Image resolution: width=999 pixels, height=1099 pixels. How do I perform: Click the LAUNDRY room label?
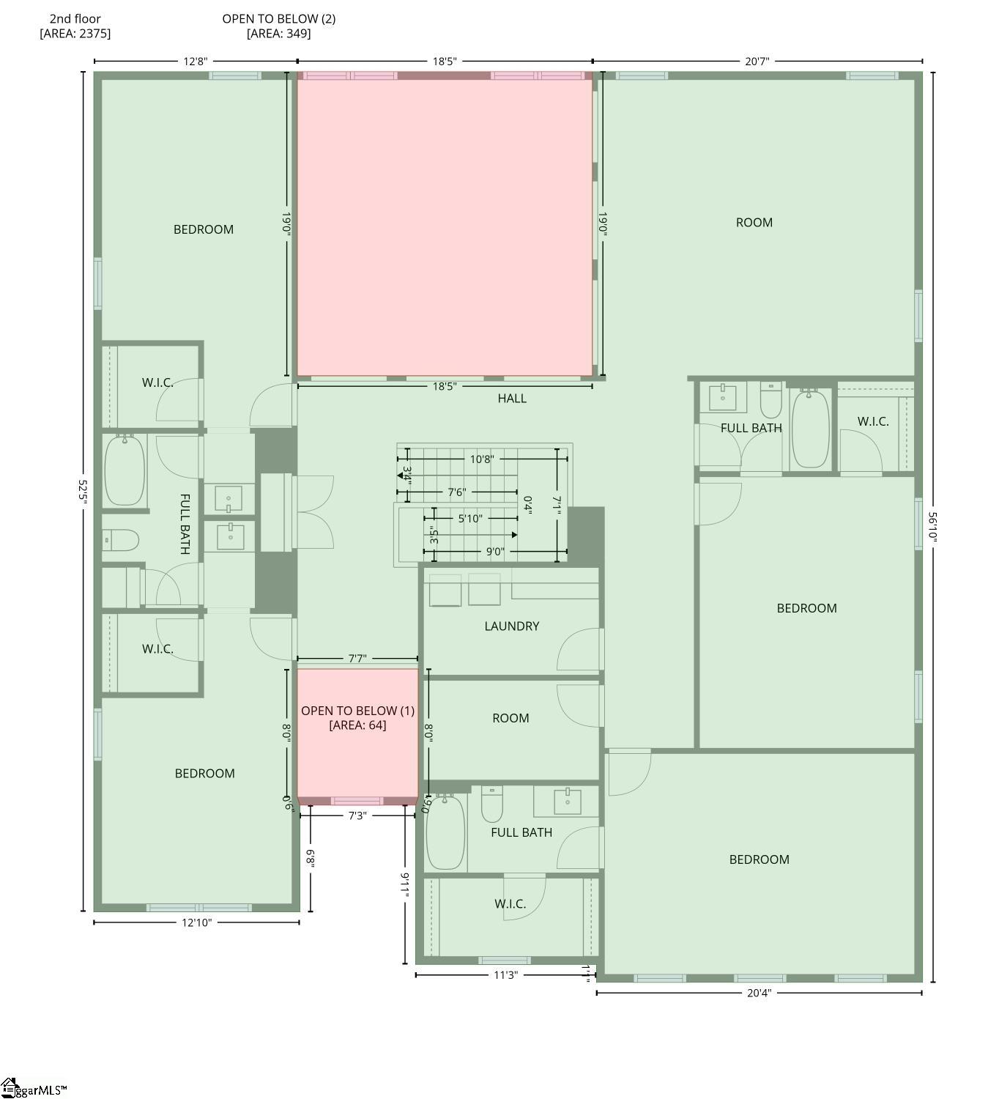511,626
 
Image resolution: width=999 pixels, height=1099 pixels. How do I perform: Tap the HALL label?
512,399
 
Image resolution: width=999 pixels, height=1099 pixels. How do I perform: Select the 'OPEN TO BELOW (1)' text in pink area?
357,711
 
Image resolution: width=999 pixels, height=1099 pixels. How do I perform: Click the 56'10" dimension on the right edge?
932,526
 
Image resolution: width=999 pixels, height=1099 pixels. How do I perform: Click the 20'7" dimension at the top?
757,62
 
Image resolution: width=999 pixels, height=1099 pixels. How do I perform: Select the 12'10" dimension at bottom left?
196,922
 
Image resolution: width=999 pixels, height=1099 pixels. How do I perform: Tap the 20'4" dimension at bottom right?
758,993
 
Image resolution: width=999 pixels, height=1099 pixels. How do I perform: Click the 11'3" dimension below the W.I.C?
505,975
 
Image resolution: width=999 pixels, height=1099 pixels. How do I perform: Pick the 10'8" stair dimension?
481,459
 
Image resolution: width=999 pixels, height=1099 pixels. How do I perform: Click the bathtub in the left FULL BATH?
125,470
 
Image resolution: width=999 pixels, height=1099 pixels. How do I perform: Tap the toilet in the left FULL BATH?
120,541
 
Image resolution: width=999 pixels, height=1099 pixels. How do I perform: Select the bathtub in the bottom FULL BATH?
445,832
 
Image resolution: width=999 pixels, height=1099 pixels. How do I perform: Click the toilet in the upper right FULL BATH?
771,399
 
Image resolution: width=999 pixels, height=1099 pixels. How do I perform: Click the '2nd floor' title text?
75,19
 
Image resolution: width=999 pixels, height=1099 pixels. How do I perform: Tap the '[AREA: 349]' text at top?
278,34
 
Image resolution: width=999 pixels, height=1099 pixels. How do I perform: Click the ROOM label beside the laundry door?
510,719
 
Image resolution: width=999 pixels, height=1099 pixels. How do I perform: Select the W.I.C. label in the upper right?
872,422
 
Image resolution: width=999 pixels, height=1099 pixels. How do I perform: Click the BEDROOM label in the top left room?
203,230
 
